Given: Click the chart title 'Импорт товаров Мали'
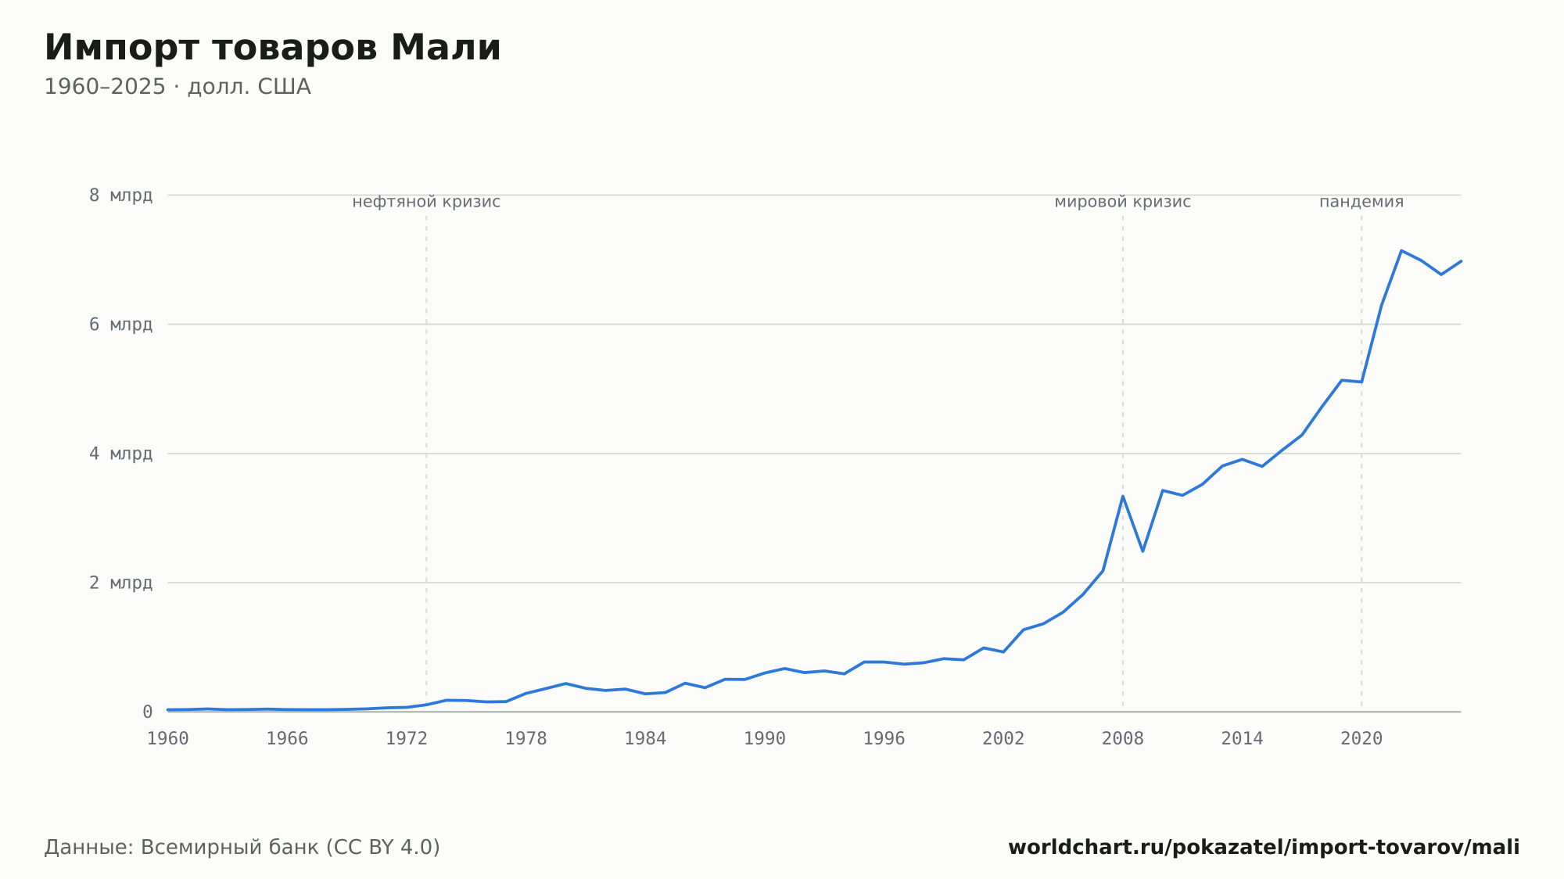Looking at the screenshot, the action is click(272, 48).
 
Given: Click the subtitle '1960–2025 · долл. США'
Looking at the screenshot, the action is click(178, 87).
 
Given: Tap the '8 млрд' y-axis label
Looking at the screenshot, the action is click(120, 195).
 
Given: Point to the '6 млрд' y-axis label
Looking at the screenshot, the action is click(120, 324).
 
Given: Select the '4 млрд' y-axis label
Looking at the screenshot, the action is click(120, 454).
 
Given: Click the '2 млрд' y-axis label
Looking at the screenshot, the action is click(120, 583).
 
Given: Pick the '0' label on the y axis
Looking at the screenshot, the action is click(147, 712).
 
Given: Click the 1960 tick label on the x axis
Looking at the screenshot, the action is click(168, 739).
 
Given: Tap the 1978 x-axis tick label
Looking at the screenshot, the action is click(526, 739).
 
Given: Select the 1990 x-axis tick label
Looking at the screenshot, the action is click(765, 739).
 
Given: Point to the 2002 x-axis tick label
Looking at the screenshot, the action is click(1003, 739).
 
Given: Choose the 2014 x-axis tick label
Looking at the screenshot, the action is click(1242, 739).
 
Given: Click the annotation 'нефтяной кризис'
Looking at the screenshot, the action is click(426, 202).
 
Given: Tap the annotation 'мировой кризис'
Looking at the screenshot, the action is click(1123, 202).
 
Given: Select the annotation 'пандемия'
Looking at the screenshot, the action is click(1361, 202).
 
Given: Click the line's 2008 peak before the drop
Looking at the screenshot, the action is click(1123, 496).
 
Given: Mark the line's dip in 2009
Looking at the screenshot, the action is click(1143, 551).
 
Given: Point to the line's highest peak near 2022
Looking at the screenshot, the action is click(1401, 250).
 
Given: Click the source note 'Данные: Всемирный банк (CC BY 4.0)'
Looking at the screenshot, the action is click(242, 847).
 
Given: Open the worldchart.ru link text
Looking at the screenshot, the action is click(1264, 847).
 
